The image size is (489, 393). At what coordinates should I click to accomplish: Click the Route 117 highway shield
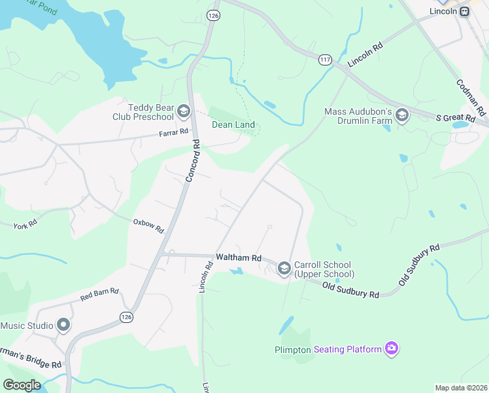pyautogui.click(x=324, y=60)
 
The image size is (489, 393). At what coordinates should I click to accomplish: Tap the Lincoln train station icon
pyautogui.click(x=464, y=11)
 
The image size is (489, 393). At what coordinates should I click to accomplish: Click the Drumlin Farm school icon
pyautogui.click(x=401, y=117)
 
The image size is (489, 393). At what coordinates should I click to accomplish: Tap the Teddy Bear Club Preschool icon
pyautogui.click(x=184, y=112)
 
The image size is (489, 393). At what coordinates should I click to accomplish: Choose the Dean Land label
pyautogui.click(x=233, y=125)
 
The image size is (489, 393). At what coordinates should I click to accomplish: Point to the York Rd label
pyautogui.click(x=25, y=225)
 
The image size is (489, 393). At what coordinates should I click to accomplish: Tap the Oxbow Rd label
pyautogui.click(x=148, y=227)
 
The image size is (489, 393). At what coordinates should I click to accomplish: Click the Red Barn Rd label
pyautogui.click(x=99, y=293)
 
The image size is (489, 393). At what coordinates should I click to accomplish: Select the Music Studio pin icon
pyautogui.click(x=63, y=325)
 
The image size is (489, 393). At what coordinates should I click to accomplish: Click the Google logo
pyautogui.click(x=22, y=384)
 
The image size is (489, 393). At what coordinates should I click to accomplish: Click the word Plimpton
pyautogui.click(x=292, y=350)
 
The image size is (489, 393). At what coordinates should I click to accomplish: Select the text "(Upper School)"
pyautogui.click(x=324, y=274)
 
